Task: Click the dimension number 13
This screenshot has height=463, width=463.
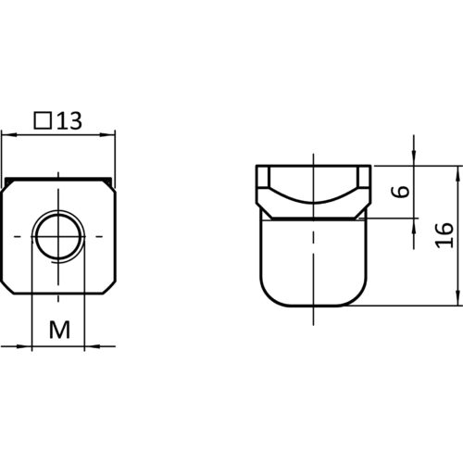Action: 69,120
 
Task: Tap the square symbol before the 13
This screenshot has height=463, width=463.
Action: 43,120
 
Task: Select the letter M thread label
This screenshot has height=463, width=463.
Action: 59,330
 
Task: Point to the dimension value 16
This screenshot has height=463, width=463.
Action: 444,235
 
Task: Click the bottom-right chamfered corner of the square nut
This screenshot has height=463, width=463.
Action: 110,287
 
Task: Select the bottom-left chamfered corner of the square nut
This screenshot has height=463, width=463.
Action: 7,287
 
